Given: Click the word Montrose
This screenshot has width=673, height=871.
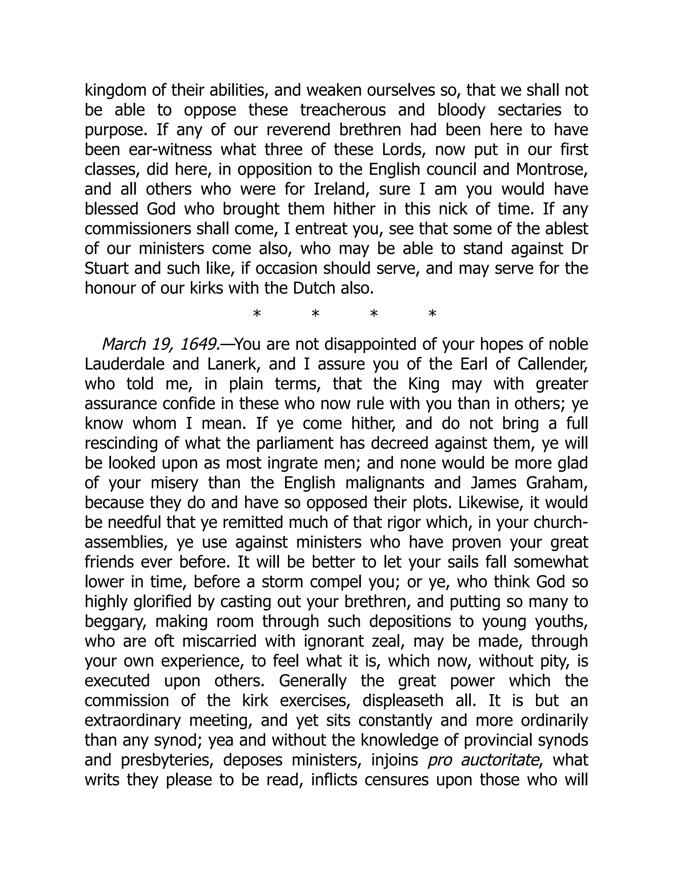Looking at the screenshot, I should (x=552, y=170).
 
